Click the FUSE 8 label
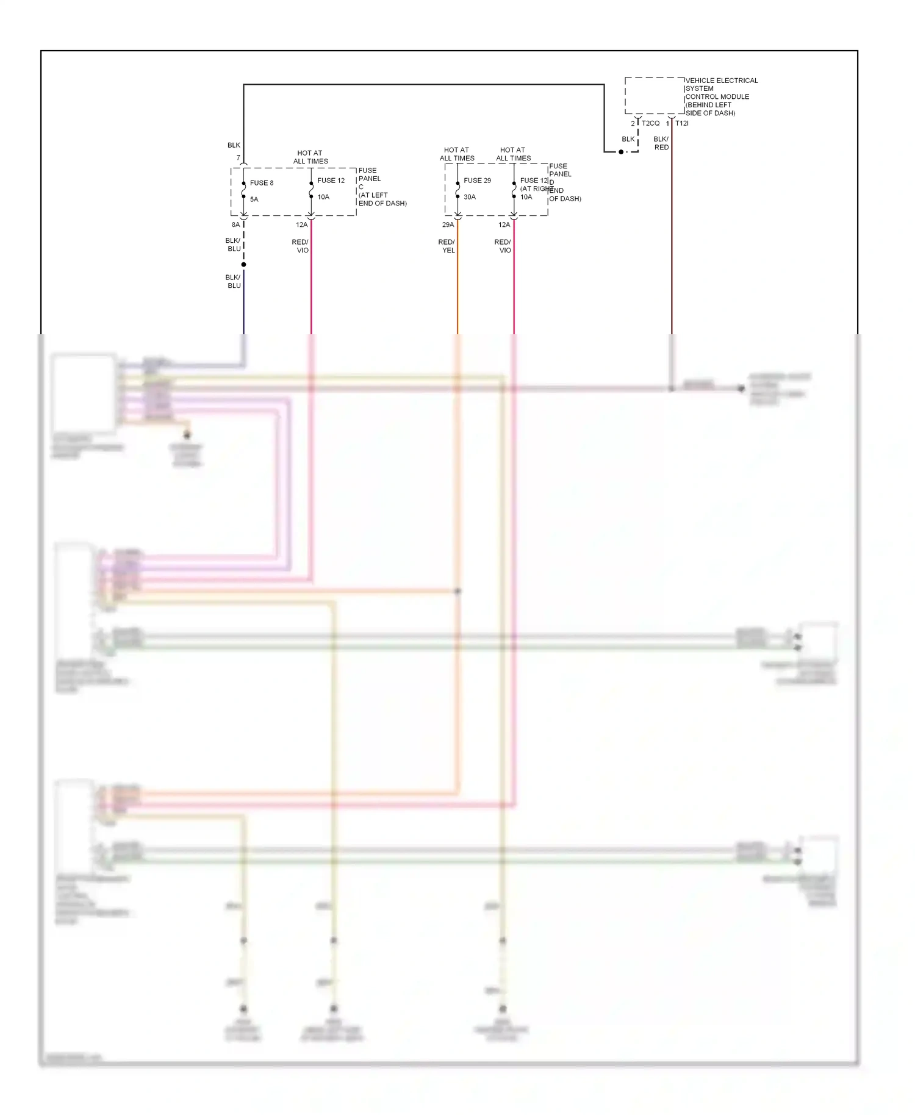(x=261, y=183)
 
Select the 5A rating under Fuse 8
(x=254, y=199)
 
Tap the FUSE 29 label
(x=477, y=181)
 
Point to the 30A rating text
(x=469, y=197)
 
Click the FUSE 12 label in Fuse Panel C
(x=331, y=181)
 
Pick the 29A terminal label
(x=448, y=225)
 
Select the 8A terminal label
(x=235, y=225)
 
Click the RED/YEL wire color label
(x=447, y=246)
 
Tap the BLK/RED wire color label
(x=661, y=143)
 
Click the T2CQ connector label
(x=650, y=123)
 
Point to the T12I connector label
(x=681, y=123)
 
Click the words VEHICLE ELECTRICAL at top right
(x=722, y=81)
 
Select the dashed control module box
(x=654, y=96)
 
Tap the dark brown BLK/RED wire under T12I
(x=672, y=244)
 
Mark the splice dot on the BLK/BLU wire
(x=243, y=265)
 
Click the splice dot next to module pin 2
(x=621, y=152)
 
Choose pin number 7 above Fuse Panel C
(x=239, y=158)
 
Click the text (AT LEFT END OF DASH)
(x=382, y=199)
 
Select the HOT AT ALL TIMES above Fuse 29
(x=456, y=154)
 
